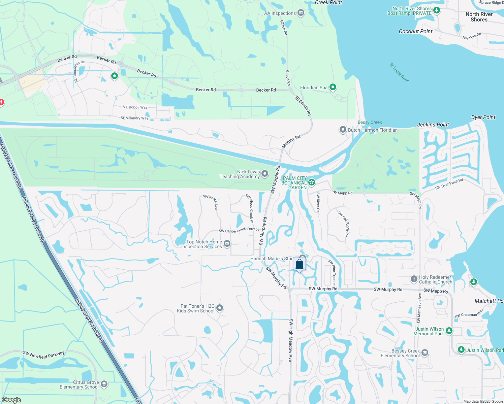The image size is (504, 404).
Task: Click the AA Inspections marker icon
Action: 301,13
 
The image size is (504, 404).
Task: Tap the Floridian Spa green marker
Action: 333,88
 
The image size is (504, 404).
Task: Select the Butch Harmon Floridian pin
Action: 343,130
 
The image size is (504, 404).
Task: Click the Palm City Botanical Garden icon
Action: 312,182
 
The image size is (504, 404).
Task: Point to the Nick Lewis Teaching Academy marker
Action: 265,174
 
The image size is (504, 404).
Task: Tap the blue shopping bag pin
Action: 299,264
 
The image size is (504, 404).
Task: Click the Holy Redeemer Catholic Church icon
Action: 414,279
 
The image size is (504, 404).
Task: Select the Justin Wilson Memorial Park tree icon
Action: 449,331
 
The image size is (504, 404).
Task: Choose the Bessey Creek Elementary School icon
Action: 425,353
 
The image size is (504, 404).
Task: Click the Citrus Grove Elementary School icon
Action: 104,384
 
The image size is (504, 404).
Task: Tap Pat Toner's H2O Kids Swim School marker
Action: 220,308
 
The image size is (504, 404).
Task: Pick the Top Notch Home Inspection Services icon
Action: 227,244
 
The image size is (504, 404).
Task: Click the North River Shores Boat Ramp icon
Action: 437,10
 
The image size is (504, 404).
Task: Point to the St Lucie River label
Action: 400,72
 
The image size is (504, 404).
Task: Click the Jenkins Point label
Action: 433,125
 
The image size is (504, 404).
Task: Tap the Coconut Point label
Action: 415,31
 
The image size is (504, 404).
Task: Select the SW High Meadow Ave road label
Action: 290,340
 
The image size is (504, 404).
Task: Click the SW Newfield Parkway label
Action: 44,355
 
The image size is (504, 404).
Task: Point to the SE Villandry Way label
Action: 134,118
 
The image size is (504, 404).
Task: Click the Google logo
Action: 11,400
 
